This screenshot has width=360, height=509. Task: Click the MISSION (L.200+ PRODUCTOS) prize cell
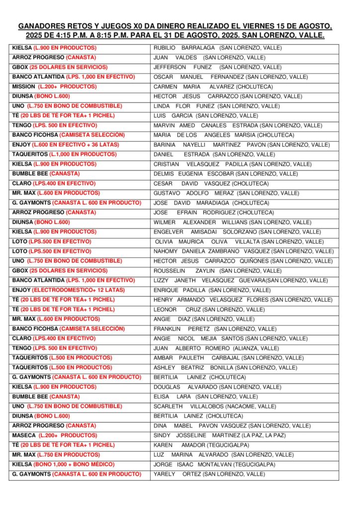coord(54,86)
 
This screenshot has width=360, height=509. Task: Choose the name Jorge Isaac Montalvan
coord(214,464)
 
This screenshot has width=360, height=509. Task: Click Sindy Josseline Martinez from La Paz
coord(219,435)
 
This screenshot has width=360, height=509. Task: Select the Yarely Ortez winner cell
coord(209,474)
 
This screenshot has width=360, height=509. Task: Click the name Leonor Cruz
coord(209,309)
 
